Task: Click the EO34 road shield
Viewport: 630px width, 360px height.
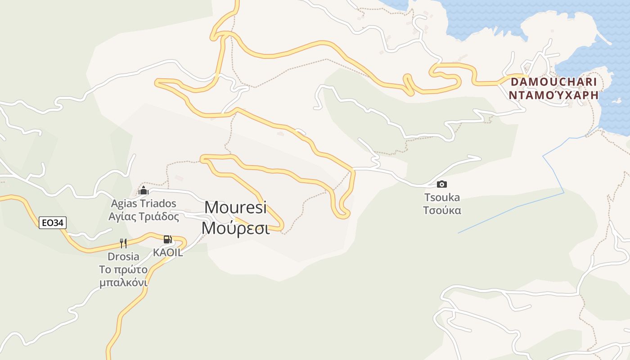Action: click(53, 222)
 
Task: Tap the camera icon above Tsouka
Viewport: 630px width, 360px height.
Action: click(442, 184)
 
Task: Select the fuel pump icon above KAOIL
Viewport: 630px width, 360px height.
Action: click(167, 239)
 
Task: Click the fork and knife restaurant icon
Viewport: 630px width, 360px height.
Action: click(123, 243)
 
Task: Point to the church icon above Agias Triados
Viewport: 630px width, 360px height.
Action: click(144, 190)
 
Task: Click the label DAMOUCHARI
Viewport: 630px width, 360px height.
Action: click(553, 82)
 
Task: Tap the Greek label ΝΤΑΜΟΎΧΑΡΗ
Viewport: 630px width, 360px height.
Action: click(553, 95)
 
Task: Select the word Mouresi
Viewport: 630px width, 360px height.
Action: click(235, 207)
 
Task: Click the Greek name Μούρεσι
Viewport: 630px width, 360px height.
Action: click(235, 228)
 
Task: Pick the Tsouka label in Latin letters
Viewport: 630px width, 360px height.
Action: click(442, 197)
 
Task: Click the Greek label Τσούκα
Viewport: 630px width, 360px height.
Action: click(442, 210)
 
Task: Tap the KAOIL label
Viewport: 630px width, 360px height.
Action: click(168, 252)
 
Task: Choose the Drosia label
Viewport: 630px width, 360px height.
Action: click(123, 256)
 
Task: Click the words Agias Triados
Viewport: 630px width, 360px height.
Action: click(144, 203)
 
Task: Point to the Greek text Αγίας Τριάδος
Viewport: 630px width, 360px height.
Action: click(144, 216)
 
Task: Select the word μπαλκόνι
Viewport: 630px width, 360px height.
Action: click(123, 283)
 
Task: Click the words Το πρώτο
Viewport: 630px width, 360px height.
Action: click(123, 270)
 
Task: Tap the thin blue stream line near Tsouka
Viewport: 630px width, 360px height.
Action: click(517, 207)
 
